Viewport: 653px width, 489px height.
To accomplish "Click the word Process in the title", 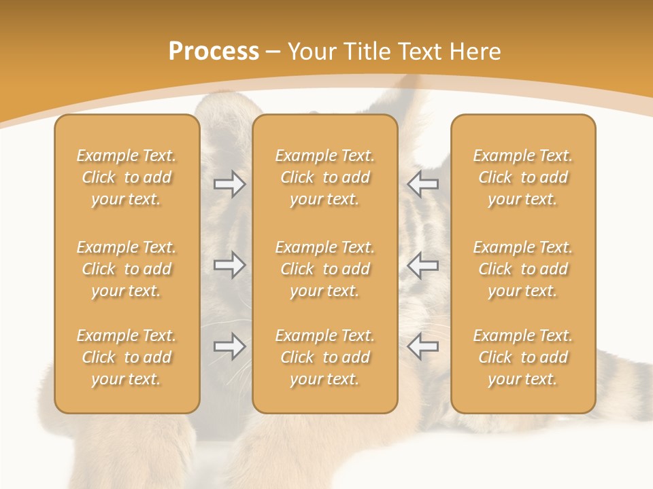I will (x=214, y=52).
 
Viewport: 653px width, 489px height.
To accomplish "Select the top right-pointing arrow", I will (x=230, y=184).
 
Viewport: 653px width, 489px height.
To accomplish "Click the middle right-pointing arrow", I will (x=230, y=265).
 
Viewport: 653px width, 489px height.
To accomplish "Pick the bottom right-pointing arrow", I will (x=230, y=346).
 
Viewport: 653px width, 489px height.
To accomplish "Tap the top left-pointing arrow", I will (x=422, y=184).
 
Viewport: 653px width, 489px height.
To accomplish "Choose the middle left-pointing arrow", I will (x=422, y=265).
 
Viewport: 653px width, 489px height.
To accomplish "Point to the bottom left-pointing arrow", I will (x=422, y=346).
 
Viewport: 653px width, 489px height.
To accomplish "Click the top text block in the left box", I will (x=127, y=177).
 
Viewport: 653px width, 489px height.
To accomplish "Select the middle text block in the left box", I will (x=127, y=269).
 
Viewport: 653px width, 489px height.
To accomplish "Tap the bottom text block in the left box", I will (x=127, y=357).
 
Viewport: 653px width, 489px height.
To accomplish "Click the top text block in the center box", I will (x=325, y=177).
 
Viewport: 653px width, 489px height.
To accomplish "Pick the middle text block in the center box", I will (x=325, y=269).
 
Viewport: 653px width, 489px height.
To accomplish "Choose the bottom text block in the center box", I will (x=325, y=357).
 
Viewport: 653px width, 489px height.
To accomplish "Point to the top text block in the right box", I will (x=523, y=177).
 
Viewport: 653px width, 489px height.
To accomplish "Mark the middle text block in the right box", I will (x=523, y=269).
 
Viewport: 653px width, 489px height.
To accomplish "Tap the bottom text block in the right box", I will (x=523, y=357).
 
